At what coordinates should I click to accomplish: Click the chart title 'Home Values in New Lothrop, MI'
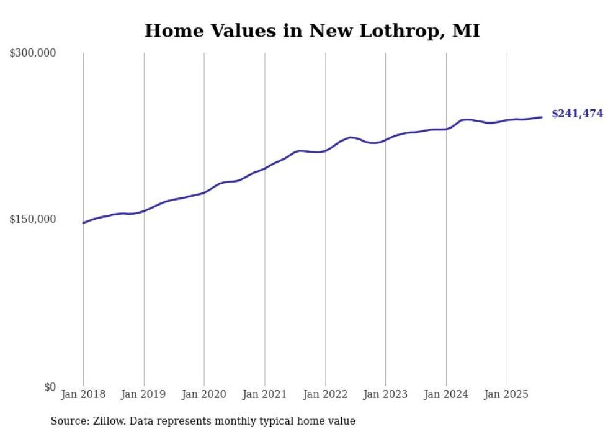click(x=312, y=30)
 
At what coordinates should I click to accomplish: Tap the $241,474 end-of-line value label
click(x=577, y=114)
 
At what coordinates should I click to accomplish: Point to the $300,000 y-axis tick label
click(x=33, y=53)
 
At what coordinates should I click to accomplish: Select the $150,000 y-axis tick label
click(x=33, y=219)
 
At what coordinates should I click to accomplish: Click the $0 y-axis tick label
click(x=49, y=387)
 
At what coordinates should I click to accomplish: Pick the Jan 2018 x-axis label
click(x=83, y=394)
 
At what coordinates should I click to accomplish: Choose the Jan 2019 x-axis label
click(x=144, y=394)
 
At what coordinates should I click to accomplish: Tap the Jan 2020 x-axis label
click(x=204, y=394)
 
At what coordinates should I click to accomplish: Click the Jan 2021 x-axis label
click(x=265, y=394)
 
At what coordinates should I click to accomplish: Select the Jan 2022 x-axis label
click(x=325, y=394)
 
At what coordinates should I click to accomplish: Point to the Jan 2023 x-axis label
click(x=385, y=394)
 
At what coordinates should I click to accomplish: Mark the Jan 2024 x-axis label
click(x=446, y=394)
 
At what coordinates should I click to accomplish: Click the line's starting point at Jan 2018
click(x=83, y=222)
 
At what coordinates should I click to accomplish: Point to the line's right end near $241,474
click(x=542, y=117)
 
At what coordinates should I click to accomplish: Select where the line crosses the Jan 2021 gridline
click(x=265, y=168)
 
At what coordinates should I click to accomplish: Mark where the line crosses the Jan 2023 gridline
click(x=385, y=140)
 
